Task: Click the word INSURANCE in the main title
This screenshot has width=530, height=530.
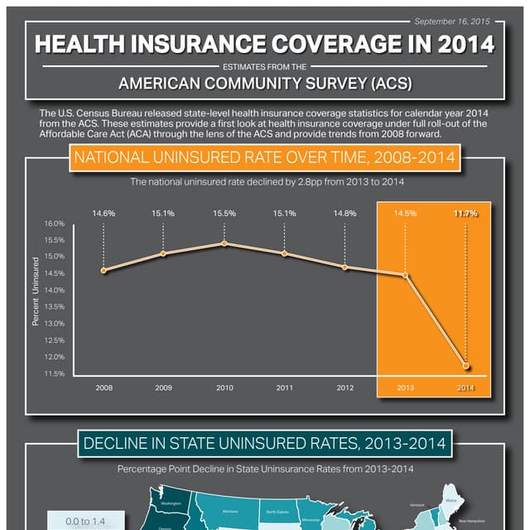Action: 241,44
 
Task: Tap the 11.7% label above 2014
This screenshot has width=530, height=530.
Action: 465,213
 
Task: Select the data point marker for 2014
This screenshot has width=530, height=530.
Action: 466,366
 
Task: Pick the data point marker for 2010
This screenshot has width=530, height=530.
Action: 224,243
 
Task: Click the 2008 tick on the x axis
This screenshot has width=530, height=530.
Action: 104,387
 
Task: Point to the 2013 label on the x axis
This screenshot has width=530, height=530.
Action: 406,387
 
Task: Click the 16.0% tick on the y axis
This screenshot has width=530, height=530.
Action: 54,224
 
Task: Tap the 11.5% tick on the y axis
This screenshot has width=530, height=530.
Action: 54,373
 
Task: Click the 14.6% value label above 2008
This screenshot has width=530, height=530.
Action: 104,213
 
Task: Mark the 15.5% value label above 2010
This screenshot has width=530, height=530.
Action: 224,213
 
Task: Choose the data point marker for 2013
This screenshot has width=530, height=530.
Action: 406,275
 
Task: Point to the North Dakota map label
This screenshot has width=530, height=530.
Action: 277,512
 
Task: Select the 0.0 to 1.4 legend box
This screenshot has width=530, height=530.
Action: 87,521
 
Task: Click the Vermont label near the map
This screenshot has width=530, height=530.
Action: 418,505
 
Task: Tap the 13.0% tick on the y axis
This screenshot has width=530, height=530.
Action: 54,323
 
